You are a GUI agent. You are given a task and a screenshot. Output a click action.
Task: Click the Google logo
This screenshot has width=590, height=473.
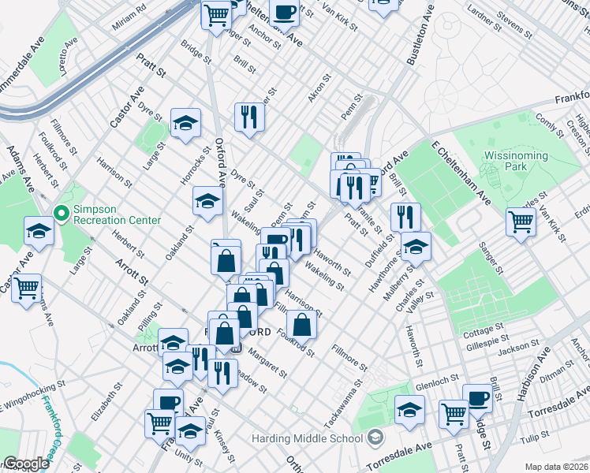25,464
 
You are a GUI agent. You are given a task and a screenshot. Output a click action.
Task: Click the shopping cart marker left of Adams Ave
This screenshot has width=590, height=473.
28,287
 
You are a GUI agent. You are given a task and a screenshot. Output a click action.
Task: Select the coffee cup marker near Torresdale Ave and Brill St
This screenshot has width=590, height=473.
476,397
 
